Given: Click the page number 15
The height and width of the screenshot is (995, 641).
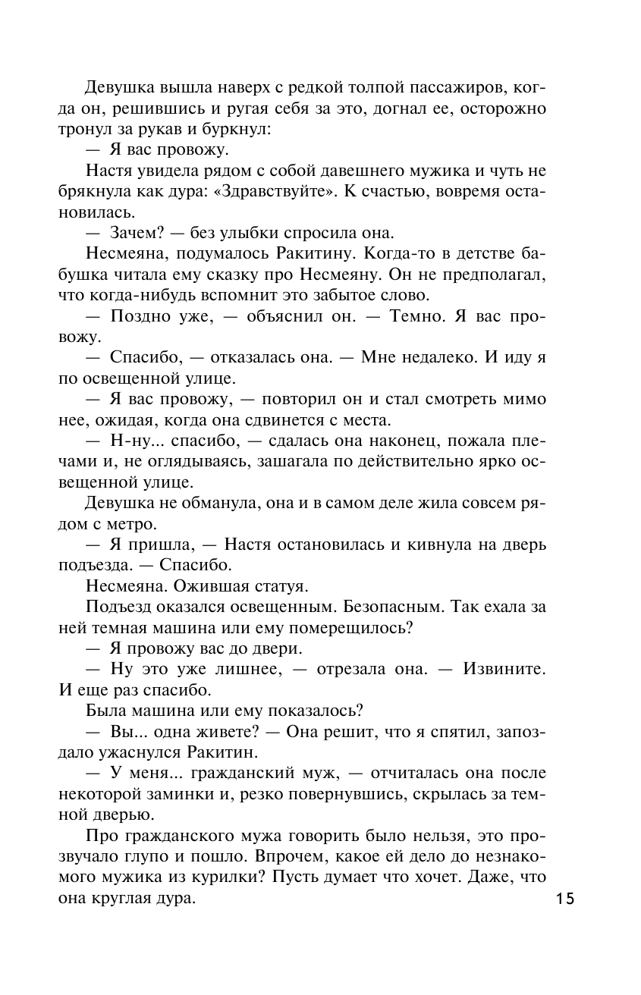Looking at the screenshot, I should [564, 899].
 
